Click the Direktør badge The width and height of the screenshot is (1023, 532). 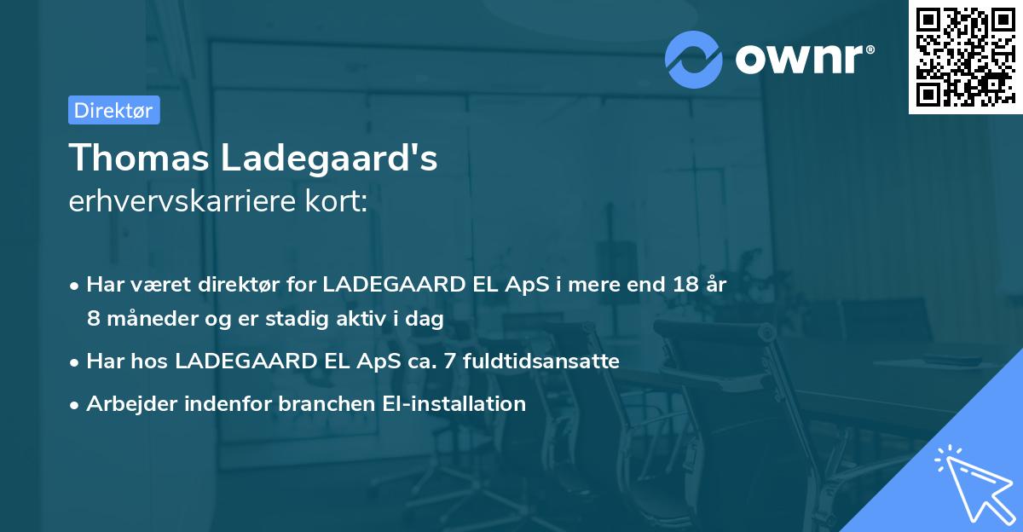pos(113,110)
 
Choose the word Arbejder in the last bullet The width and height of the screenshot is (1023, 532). pos(124,403)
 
